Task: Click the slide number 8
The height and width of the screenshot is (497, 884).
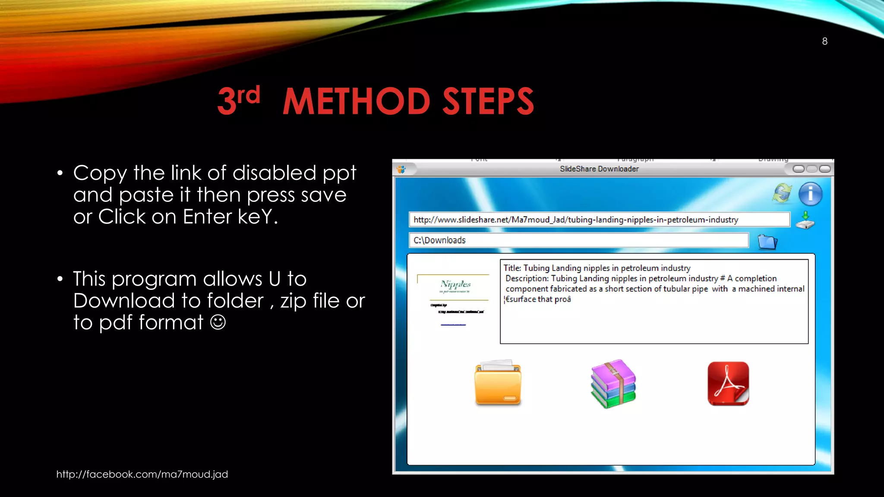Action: (x=824, y=41)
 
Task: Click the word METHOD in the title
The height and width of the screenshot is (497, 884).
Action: (x=356, y=101)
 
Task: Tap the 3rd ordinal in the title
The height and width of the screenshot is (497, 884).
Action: (x=238, y=100)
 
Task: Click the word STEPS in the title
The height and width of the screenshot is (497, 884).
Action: (x=488, y=101)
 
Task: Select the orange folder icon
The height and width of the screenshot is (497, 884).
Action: (x=498, y=383)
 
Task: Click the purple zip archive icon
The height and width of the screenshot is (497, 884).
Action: (x=613, y=384)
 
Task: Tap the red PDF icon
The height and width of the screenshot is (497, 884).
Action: (x=728, y=384)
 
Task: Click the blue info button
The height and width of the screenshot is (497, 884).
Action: (x=810, y=194)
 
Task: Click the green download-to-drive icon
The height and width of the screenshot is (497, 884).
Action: (x=805, y=220)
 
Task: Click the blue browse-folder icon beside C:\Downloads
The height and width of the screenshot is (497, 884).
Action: (x=767, y=242)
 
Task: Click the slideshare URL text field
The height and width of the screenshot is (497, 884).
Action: (x=599, y=220)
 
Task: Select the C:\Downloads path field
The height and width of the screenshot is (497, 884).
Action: (x=578, y=240)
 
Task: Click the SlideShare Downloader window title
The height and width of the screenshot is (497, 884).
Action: (x=599, y=169)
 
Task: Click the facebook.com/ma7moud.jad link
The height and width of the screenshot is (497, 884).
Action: (x=142, y=474)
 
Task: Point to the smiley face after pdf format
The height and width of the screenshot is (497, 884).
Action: (x=218, y=322)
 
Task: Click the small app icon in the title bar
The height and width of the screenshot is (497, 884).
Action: (x=401, y=170)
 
